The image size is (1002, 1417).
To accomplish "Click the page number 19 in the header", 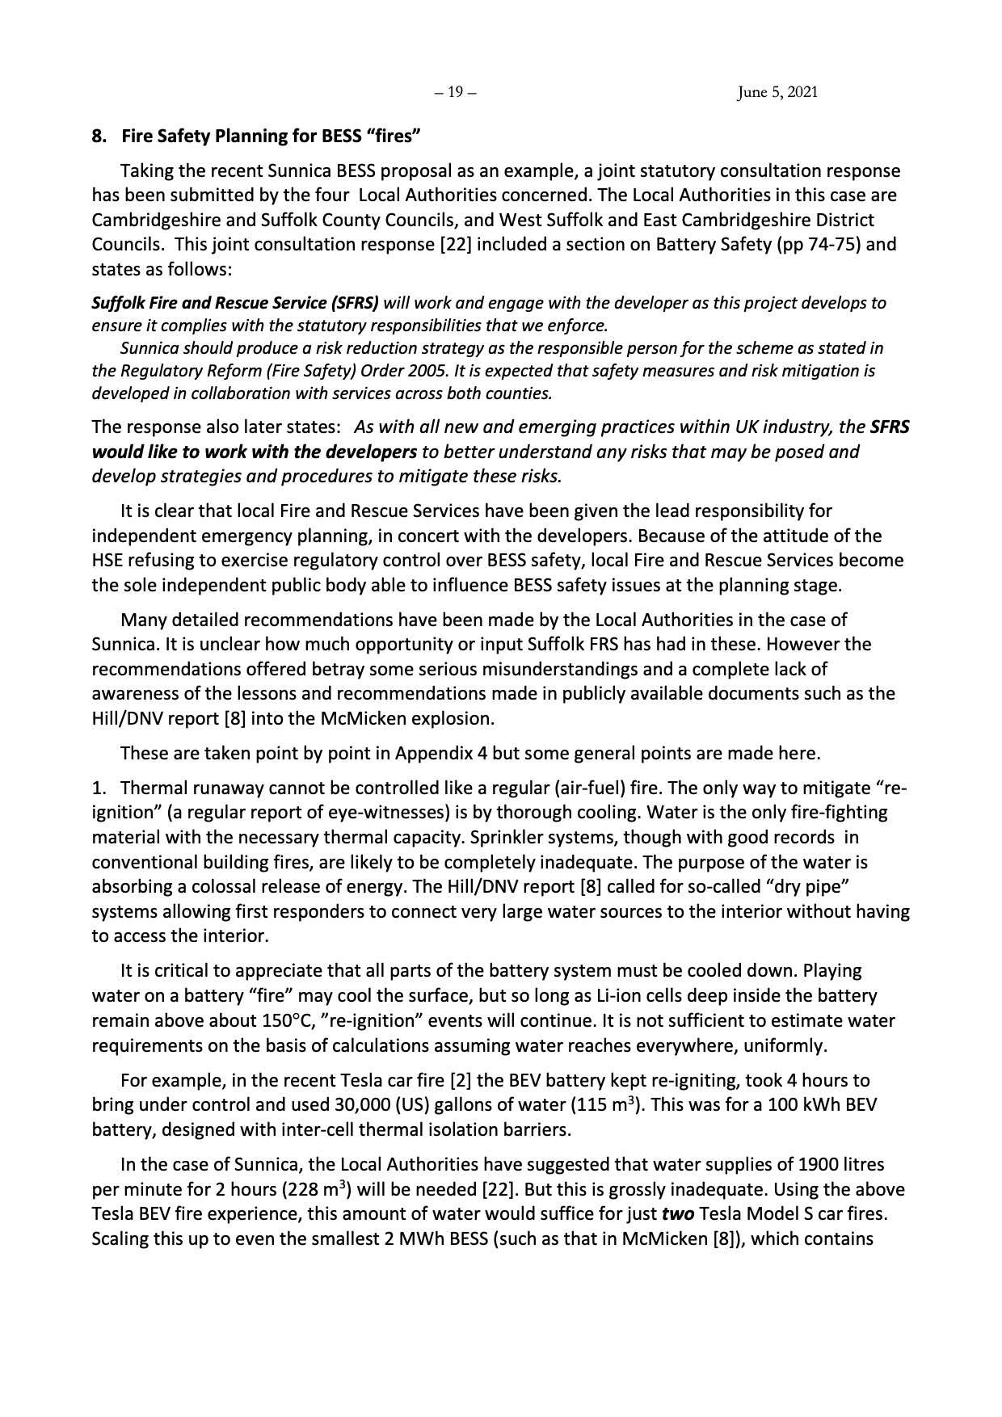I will pyautogui.click(x=455, y=93).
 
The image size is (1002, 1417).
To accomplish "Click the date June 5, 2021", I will pyautogui.click(x=777, y=93).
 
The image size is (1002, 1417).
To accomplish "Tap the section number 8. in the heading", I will pyautogui.click(x=99, y=137).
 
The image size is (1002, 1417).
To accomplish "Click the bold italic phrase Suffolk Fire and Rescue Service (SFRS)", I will pyautogui.click(x=235, y=304).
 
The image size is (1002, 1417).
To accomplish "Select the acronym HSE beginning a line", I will pyautogui.click(x=107, y=561).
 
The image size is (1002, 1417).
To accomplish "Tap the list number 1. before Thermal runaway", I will pyautogui.click(x=99, y=788).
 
